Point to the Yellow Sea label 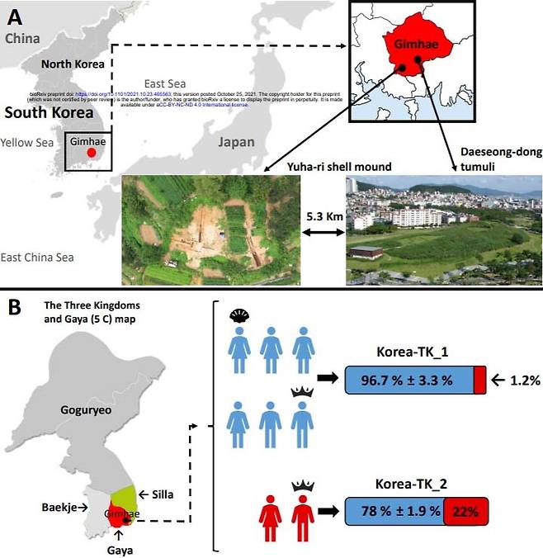(26, 143)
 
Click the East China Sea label (38, 257)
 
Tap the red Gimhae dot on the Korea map (91, 153)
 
